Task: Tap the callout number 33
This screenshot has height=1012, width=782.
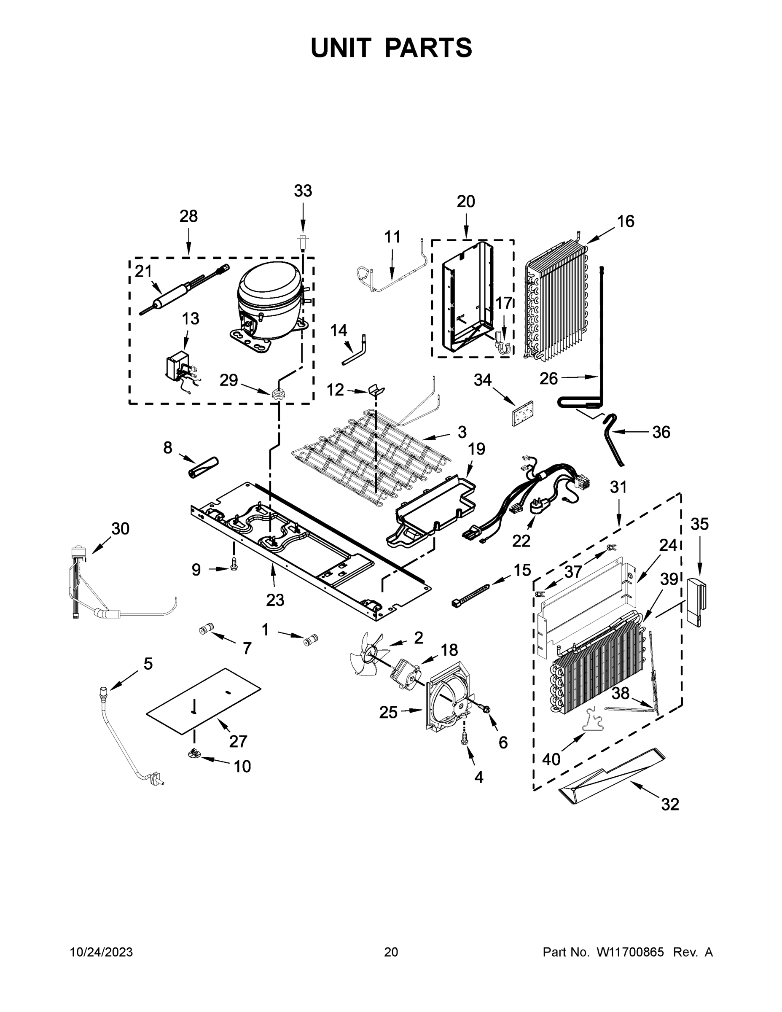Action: (x=303, y=191)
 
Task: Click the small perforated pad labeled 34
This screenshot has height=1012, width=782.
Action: (x=523, y=413)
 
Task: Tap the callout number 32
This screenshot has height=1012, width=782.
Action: (x=670, y=805)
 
